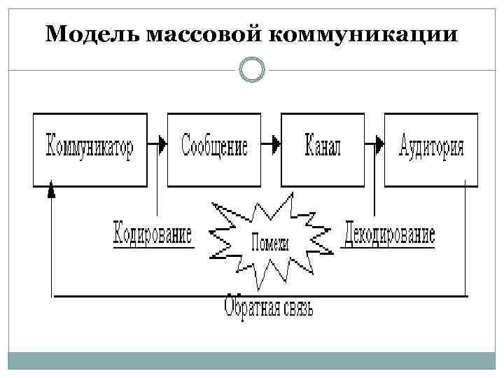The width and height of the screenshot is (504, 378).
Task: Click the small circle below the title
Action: pyautogui.click(x=251, y=70)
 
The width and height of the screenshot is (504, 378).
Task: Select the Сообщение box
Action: pyautogui.click(x=214, y=148)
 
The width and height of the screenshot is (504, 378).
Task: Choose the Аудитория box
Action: pyautogui.click(x=431, y=148)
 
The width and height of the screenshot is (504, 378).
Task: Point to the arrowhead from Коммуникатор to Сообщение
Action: pyautogui.click(x=162, y=144)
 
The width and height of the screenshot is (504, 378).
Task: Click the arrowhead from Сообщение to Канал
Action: pyautogui.click(x=275, y=144)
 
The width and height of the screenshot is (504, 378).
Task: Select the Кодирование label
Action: pyautogui.click(x=153, y=234)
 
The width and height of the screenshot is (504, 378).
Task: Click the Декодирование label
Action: pyautogui.click(x=389, y=234)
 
